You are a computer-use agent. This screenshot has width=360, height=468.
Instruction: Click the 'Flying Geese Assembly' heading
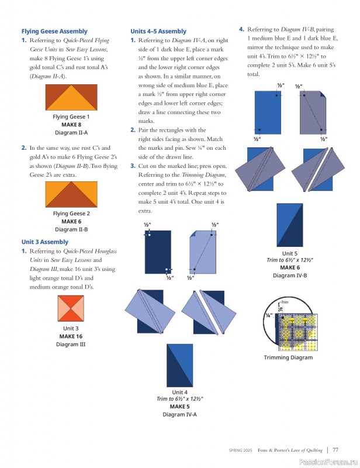[x=54, y=32]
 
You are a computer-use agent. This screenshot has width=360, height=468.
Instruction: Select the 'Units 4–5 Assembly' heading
[x=158, y=32]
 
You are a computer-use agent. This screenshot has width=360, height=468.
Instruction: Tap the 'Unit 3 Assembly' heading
[x=45, y=242]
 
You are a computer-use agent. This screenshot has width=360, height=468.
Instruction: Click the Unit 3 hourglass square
[x=71, y=308]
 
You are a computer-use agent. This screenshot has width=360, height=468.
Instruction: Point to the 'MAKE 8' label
[x=71, y=125]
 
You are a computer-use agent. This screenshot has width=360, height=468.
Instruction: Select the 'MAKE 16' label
[x=71, y=336]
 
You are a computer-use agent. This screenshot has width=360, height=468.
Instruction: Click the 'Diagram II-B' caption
[x=71, y=229]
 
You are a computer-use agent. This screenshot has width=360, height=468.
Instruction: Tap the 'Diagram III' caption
[x=71, y=345]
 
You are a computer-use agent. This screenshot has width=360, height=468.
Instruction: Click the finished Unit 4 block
[x=179, y=365]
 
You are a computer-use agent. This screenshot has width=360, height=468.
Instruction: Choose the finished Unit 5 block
[x=290, y=225]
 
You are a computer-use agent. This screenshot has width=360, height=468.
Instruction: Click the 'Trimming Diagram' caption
[x=288, y=357]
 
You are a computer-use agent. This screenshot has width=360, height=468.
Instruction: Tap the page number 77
[x=335, y=450]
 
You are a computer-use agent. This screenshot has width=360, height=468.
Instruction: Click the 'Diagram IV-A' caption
[x=179, y=415]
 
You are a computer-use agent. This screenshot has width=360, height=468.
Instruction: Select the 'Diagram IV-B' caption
[x=290, y=276]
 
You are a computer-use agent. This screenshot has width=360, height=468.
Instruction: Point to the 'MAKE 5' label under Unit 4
[x=179, y=407]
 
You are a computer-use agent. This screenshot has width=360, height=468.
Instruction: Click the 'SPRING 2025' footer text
[x=240, y=450]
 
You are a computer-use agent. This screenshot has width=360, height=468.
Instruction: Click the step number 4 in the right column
[x=241, y=29]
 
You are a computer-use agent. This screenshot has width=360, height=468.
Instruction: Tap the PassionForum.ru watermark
[x=328, y=462]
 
